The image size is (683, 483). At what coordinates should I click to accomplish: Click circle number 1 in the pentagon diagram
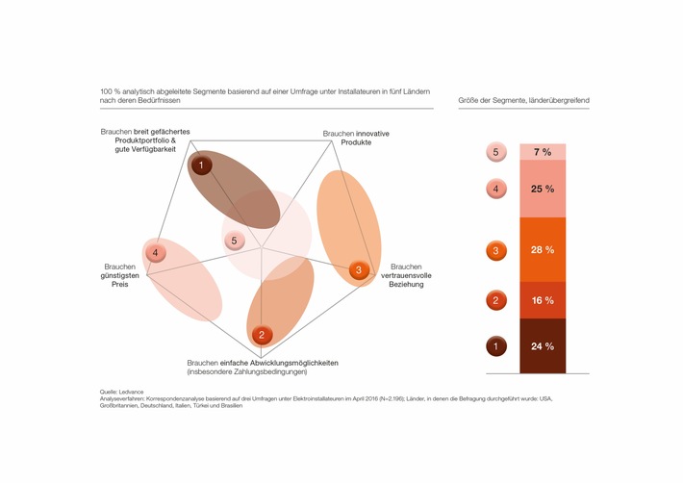click(x=200, y=165)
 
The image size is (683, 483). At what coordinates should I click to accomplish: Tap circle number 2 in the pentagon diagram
click(x=261, y=335)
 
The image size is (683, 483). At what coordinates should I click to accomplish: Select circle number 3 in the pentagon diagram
click(x=359, y=271)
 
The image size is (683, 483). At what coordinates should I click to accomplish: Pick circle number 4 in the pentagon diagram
click(x=156, y=253)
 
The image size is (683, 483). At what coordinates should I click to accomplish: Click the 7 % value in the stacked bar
click(x=543, y=152)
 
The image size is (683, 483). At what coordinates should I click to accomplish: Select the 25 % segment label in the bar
click(x=543, y=189)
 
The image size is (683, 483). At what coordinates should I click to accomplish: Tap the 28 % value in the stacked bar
click(x=543, y=251)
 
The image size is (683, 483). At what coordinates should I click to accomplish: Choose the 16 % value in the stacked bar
click(x=543, y=300)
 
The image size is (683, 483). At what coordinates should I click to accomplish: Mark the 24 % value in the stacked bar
click(x=543, y=345)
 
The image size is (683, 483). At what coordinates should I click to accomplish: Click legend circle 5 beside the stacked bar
click(x=494, y=152)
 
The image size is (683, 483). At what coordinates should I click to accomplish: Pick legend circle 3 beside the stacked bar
click(x=494, y=251)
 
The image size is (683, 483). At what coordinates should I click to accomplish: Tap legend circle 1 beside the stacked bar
click(x=494, y=345)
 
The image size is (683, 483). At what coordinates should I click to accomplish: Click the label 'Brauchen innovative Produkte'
click(x=357, y=138)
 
